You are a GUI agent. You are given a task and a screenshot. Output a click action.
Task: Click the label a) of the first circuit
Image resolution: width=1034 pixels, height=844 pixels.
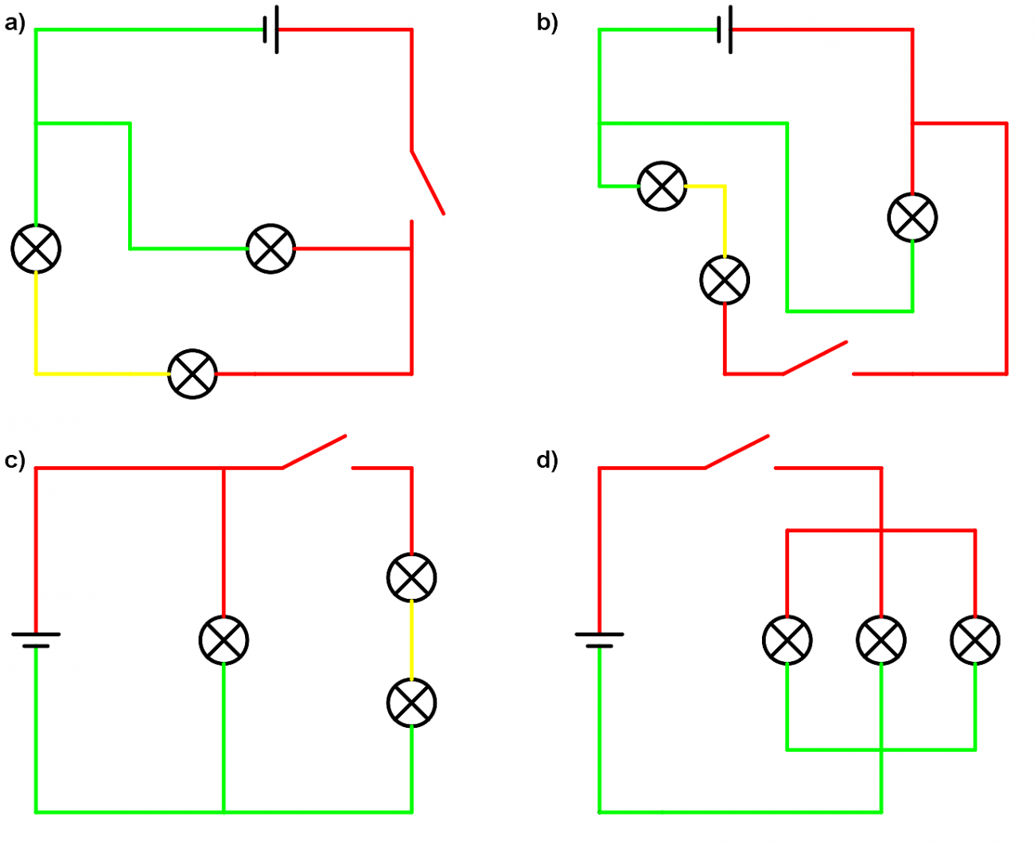[x=14, y=24]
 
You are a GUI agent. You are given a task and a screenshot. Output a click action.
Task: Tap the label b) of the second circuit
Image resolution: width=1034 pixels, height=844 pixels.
[x=547, y=24]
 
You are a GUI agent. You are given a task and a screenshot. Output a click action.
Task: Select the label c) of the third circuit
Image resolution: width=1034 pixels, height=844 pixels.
[x=14, y=461]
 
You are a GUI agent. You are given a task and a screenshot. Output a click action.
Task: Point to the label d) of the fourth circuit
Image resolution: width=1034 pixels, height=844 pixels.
[x=547, y=461]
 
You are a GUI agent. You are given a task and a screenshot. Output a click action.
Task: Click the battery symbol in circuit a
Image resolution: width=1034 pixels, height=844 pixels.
[x=271, y=30]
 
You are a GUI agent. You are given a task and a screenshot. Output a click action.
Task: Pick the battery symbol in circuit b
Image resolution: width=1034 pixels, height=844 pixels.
[x=724, y=30]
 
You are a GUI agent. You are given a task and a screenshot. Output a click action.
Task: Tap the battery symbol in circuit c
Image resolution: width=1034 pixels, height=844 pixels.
[x=36, y=639]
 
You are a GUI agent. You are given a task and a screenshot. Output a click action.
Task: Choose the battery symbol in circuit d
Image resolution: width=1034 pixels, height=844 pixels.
[x=599, y=639]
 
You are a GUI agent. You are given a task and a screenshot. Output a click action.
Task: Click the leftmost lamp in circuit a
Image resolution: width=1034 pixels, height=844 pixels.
[x=36, y=248]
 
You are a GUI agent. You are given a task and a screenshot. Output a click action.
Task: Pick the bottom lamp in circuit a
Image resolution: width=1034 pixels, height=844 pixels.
[x=192, y=373]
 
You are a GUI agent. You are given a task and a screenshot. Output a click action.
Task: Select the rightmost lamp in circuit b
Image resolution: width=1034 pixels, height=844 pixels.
[x=912, y=217]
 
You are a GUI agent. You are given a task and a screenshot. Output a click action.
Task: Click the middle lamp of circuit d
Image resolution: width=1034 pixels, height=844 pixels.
[x=881, y=640]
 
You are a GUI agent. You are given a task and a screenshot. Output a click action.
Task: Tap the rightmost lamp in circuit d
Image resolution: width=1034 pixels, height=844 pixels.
[x=975, y=640]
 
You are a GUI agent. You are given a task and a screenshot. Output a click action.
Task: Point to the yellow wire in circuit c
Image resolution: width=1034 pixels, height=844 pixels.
[x=411, y=640]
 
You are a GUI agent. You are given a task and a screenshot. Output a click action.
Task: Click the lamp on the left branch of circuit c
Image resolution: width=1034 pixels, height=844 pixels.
[x=224, y=640]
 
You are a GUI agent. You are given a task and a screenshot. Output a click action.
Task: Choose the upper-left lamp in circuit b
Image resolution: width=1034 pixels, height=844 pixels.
[x=662, y=185]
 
